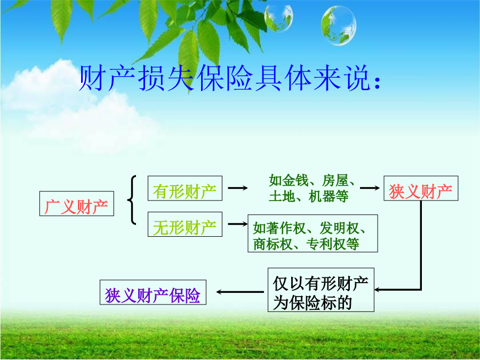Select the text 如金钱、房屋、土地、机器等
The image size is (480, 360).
(311, 188)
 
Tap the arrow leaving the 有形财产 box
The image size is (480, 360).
(238, 188)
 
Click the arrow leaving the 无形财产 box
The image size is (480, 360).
(238, 224)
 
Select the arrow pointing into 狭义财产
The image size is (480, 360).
(370, 188)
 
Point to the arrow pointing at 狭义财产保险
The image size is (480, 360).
(240, 292)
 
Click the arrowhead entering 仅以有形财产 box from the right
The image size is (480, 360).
(377, 289)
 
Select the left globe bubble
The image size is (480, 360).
(278, 18)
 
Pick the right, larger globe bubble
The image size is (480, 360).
(339, 26)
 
